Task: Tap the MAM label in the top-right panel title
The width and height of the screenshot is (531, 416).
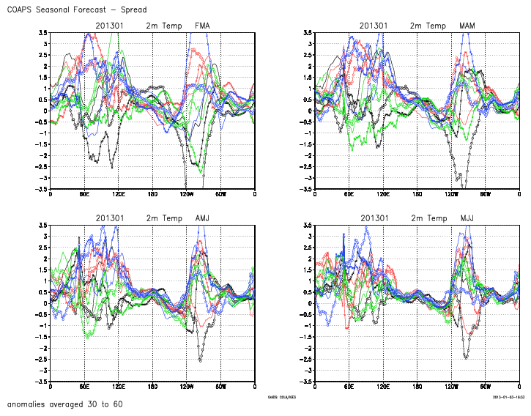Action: (467, 26)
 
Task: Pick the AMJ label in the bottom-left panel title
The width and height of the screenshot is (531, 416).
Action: (203, 218)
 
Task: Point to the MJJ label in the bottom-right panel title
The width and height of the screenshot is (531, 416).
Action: (467, 218)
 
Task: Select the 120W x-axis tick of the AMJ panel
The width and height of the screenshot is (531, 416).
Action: (187, 386)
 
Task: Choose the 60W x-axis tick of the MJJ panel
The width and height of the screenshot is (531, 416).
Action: (485, 386)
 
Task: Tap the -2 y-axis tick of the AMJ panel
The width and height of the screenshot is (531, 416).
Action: (44, 348)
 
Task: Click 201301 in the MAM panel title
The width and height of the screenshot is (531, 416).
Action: (374, 26)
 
